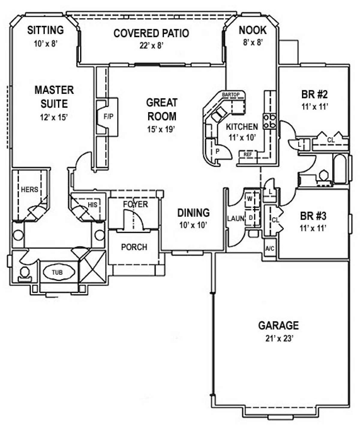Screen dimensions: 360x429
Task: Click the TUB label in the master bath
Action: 57,273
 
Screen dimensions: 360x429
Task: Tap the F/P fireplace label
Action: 108,117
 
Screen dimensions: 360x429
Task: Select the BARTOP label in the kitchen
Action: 231,95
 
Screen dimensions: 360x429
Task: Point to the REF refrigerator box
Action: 248,154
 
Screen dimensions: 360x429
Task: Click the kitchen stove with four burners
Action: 270,121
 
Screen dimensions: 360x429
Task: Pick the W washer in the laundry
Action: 250,198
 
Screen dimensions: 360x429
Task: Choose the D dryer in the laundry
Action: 250,218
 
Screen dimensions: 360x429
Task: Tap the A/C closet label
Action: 270,249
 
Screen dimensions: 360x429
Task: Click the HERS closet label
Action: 30,189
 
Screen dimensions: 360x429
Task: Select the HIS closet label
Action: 92,205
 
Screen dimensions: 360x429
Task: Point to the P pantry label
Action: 217,151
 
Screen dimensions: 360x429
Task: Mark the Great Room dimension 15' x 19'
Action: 161,129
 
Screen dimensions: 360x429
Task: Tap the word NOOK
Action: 253,30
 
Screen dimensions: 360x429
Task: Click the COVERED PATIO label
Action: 151,33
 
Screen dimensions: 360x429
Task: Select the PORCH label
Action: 134,247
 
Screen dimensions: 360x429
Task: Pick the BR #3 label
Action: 313,216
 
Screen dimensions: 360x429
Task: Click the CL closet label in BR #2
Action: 331,140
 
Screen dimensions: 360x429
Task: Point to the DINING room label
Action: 193,213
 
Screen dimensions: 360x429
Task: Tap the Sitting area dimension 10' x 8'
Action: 45,43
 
